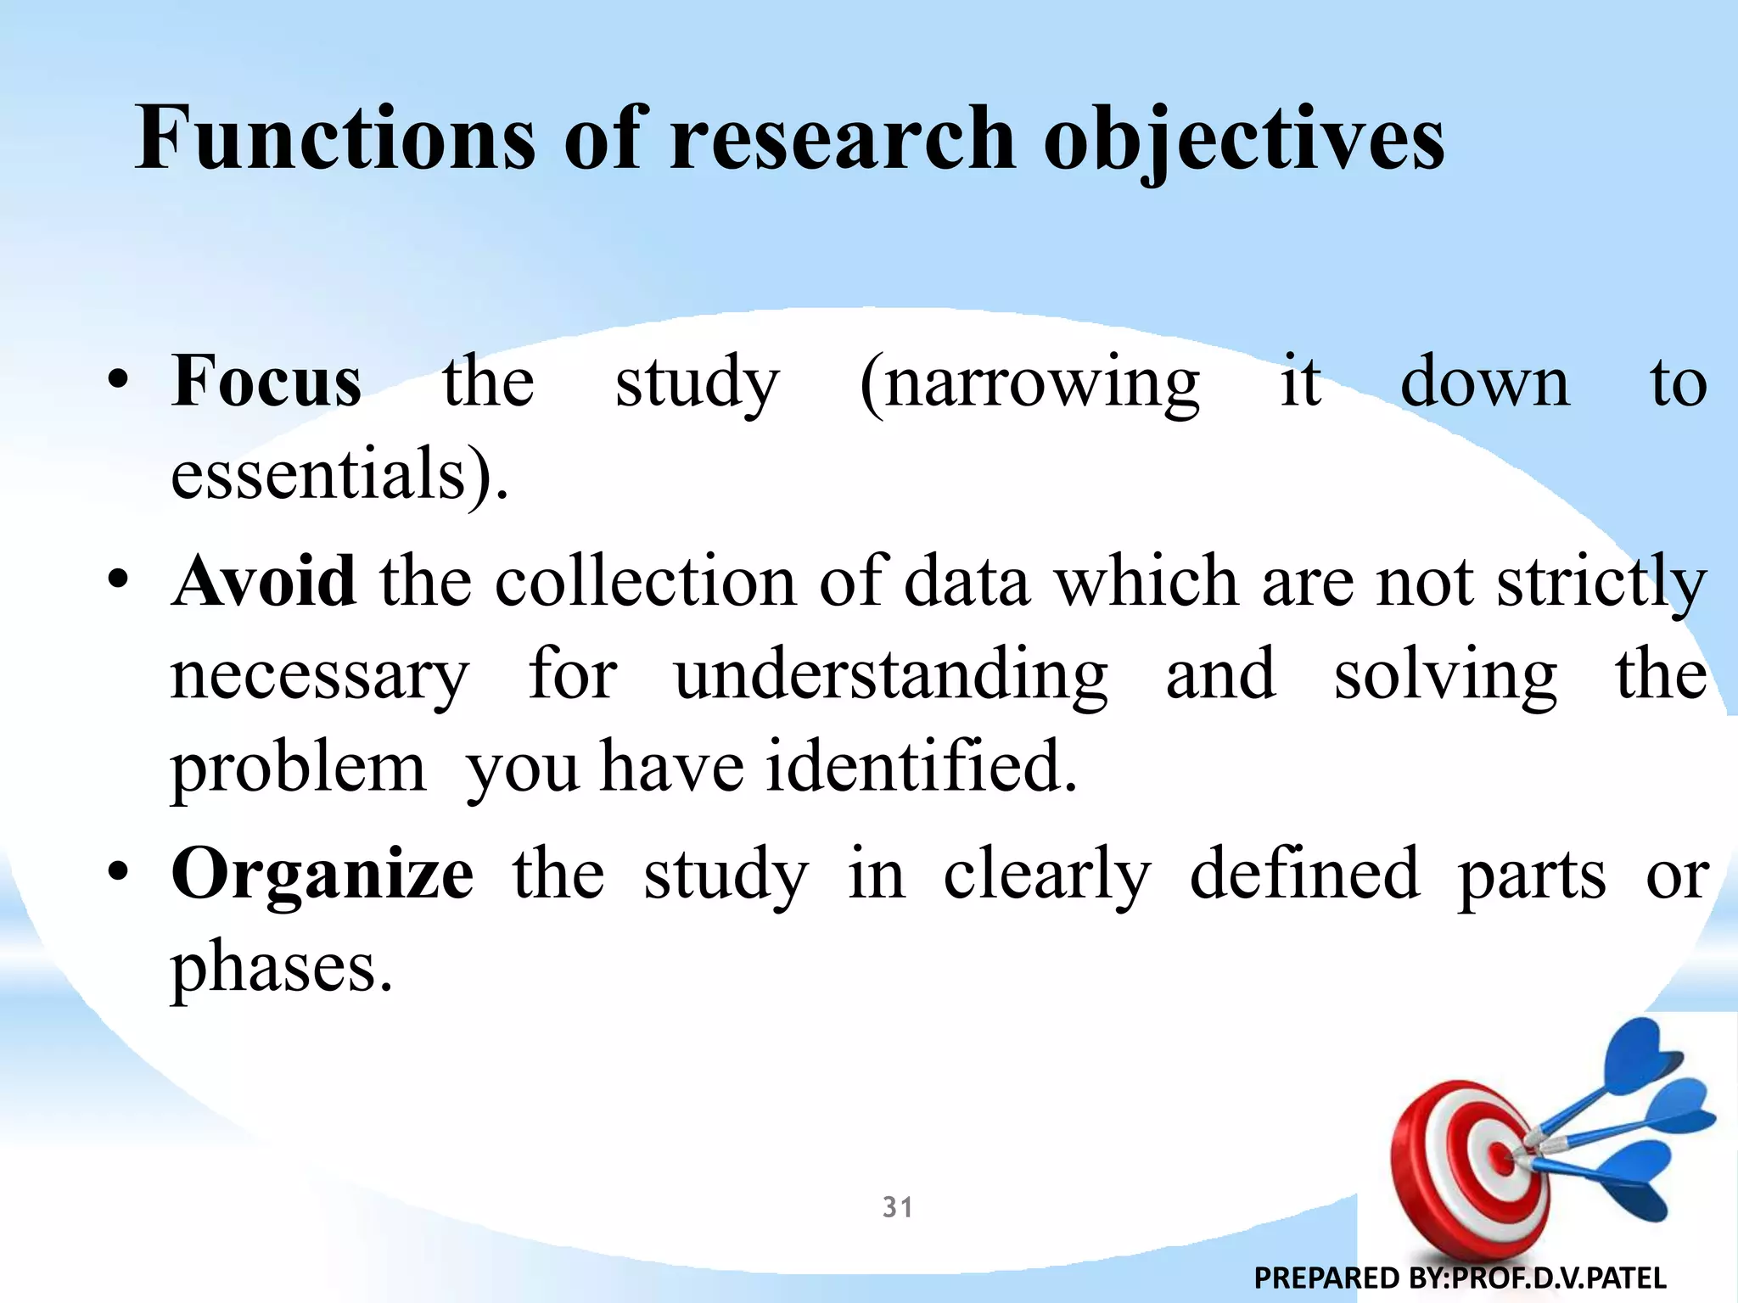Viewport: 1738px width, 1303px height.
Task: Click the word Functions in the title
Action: pyautogui.click(x=335, y=137)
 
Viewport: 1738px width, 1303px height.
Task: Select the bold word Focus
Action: pyautogui.click(x=266, y=382)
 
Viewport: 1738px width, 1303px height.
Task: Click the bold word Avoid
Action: pyautogui.click(x=264, y=582)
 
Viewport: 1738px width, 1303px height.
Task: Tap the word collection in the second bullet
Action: pyautogui.click(x=646, y=582)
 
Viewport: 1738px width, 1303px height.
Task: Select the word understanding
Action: pyautogui.click(x=891, y=675)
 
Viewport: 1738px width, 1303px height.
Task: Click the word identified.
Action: pyautogui.click(x=921, y=767)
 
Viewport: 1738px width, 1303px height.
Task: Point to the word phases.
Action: pyautogui.click(x=282, y=967)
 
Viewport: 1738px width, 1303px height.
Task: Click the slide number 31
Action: pyautogui.click(x=898, y=1207)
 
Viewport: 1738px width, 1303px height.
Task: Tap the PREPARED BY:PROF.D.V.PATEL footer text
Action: pyautogui.click(x=1460, y=1278)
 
